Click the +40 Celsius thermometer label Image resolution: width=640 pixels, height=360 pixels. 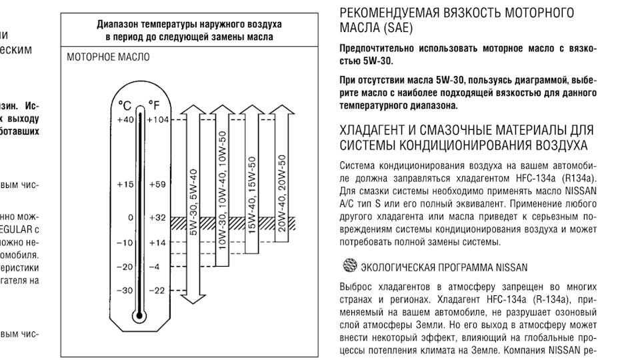[125, 119]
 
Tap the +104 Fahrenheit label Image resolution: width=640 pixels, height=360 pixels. [159, 119]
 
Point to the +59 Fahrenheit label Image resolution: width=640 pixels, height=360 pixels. [158, 183]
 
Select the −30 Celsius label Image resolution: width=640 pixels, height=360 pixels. [125, 291]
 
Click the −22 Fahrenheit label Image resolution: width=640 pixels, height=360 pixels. [157, 291]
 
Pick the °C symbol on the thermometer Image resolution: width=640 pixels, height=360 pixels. [125, 105]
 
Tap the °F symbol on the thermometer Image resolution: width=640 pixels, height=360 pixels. [154, 105]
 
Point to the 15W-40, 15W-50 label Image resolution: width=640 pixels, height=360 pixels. [251, 194]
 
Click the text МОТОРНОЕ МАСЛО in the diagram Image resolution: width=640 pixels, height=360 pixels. [109, 58]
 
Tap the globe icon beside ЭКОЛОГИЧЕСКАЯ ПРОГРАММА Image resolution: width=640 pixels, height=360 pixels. [349, 266]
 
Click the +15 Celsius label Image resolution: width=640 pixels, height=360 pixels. [125, 183]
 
